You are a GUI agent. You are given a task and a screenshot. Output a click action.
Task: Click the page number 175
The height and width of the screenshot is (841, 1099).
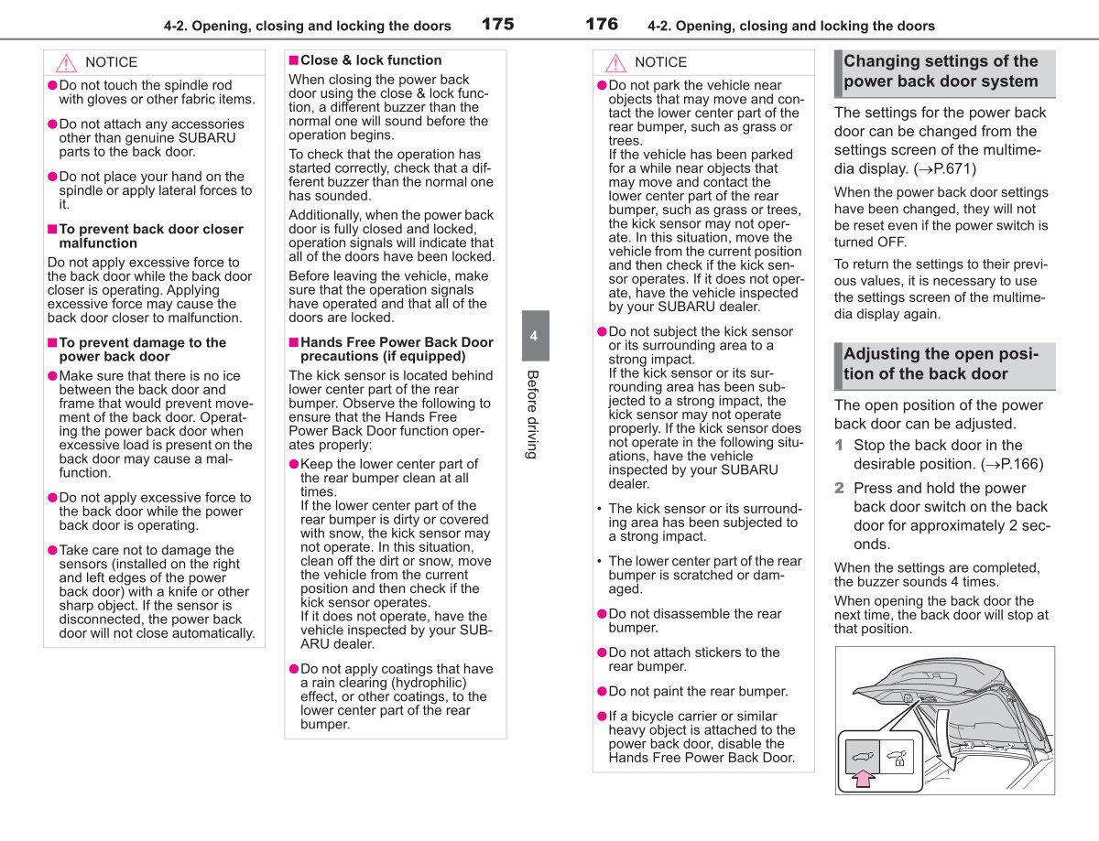[x=497, y=24]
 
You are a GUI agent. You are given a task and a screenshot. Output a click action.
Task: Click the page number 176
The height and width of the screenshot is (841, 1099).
[x=602, y=24]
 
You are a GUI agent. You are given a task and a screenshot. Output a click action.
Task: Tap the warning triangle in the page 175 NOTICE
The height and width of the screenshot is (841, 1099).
[x=66, y=63]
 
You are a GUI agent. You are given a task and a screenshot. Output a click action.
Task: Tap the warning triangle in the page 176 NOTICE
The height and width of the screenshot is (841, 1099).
[x=615, y=63]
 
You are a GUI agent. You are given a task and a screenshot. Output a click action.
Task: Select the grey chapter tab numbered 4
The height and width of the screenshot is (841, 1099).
[x=535, y=336]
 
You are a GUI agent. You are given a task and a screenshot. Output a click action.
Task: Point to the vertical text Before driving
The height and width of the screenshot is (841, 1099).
[x=532, y=415]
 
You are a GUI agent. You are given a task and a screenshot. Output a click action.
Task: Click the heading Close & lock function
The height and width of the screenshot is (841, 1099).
[x=371, y=60]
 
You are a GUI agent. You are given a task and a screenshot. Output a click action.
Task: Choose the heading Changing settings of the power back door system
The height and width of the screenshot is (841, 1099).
[x=941, y=71]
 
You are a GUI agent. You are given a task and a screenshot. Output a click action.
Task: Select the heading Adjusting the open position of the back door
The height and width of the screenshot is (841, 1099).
[x=941, y=363]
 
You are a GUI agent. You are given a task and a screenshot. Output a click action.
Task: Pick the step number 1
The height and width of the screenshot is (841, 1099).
[x=839, y=445]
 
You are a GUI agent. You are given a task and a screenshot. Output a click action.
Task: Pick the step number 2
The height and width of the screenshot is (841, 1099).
[x=839, y=488]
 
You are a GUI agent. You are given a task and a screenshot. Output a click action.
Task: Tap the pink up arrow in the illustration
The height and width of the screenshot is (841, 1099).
[x=863, y=778]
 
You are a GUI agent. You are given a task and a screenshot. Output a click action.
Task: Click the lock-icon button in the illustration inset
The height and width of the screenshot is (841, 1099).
[x=897, y=757]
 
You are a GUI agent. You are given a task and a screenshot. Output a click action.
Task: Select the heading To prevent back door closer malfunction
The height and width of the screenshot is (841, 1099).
[x=151, y=236]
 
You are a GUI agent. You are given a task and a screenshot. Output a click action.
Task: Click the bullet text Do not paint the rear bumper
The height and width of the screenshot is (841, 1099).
[x=698, y=691]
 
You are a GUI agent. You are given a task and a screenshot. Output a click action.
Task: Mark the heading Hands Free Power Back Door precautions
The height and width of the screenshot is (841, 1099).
[x=397, y=349]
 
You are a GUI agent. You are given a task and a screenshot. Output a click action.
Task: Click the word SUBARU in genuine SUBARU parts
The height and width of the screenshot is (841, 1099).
[x=207, y=138]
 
